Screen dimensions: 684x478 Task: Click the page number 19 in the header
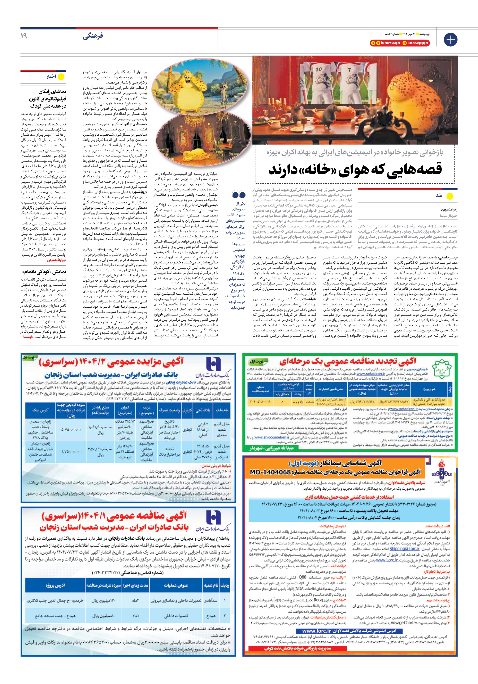[x=24, y=36]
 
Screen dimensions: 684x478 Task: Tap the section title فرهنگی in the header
[x=93, y=36]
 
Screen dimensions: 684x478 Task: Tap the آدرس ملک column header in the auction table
[x=40, y=410]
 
